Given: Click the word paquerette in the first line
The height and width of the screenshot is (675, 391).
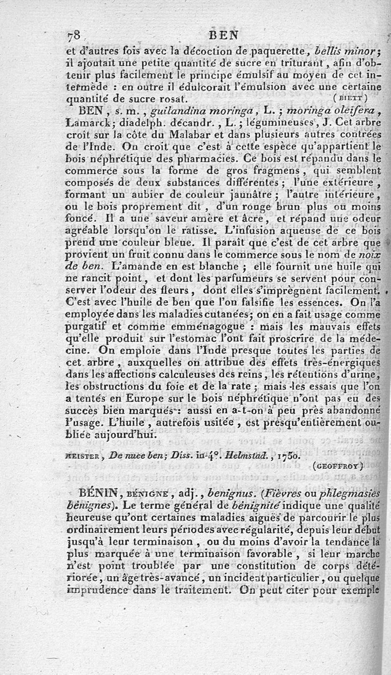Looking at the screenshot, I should click(x=277, y=52).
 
